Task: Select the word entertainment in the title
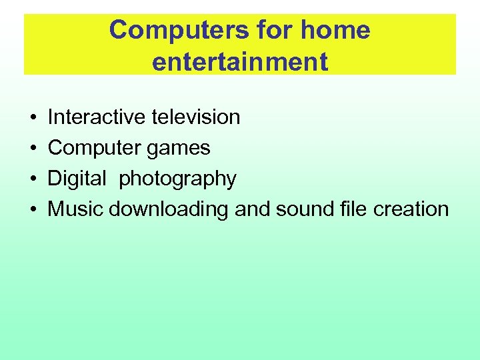coord(240,61)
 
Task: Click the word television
coord(196,117)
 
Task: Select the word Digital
coord(77,179)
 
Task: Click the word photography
coord(177,179)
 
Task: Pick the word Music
coord(75,209)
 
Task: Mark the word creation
coord(411,209)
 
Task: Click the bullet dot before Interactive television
coord(33,118)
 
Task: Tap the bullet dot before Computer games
coord(33,149)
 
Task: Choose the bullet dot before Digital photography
coord(33,179)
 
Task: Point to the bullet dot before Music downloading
coord(33,210)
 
